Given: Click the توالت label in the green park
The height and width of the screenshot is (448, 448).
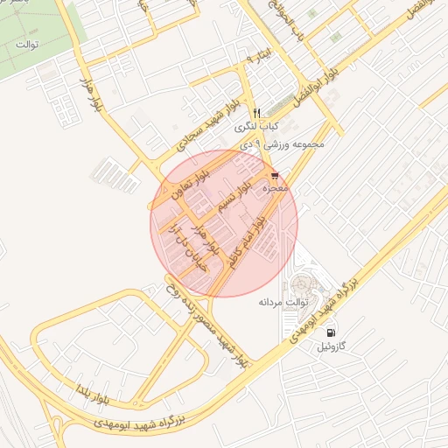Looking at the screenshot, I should click(x=29, y=44).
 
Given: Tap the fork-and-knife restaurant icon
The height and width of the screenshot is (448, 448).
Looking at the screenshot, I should click(x=255, y=111).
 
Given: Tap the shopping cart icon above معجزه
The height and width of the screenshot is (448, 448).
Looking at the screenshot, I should click(x=276, y=176).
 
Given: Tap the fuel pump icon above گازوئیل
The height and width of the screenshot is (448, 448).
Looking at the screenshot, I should click(x=330, y=332).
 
